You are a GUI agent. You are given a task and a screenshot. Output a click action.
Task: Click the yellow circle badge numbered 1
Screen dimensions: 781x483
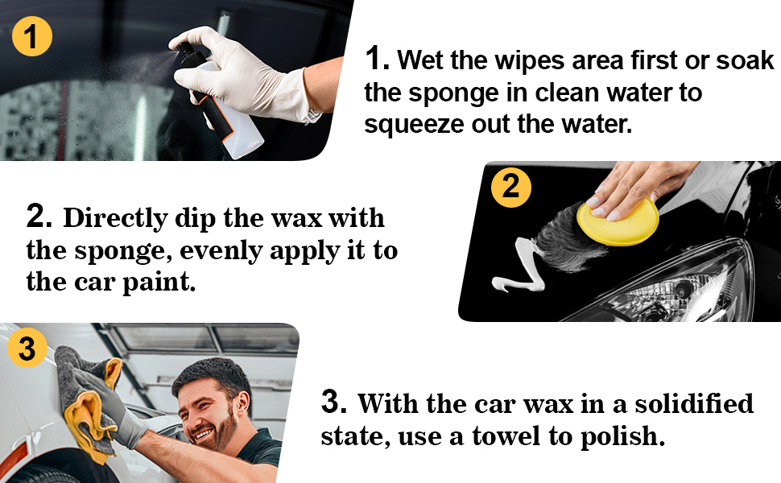(32, 36)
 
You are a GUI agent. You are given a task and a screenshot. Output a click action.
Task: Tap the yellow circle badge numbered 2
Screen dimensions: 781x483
(511, 188)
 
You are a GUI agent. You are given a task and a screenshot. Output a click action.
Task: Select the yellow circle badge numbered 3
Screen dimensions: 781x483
(27, 348)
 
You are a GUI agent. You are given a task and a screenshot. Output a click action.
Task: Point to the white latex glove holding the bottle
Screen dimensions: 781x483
(239, 75)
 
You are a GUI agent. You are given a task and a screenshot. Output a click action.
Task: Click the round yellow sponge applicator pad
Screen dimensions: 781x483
(618, 221)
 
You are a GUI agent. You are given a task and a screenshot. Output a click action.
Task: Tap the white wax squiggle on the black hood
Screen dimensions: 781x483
(518, 268)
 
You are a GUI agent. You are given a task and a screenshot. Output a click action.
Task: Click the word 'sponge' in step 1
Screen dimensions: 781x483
(453, 93)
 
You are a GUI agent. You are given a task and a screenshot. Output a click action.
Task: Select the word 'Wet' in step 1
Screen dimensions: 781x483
(420, 60)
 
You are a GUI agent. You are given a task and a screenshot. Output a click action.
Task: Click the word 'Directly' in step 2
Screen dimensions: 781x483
(115, 219)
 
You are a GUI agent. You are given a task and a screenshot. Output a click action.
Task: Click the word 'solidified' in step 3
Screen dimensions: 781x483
(694, 403)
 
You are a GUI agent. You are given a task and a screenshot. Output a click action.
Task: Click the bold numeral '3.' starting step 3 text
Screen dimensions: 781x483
(333, 402)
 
